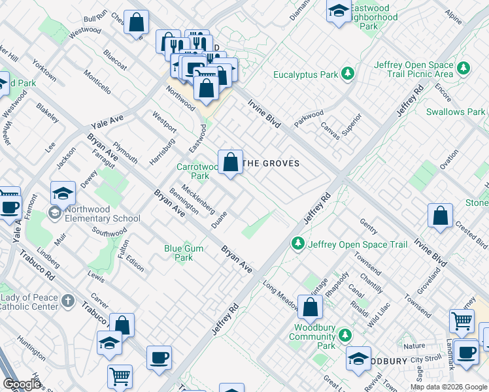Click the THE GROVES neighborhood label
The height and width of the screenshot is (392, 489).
[x=271, y=163]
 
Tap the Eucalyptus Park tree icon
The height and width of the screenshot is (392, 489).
[x=348, y=74]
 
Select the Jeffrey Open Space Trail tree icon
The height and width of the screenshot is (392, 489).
[x=298, y=244]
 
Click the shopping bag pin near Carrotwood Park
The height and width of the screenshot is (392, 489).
[x=230, y=162]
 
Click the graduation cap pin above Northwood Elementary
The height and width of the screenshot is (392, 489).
[x=63, y=193]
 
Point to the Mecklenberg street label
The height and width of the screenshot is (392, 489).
[x=198, y=199]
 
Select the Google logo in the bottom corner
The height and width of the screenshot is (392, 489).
[x=22, y=384]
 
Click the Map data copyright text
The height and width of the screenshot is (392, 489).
[x=448, y=387]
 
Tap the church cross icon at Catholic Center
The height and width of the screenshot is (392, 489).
[x=68, y=301]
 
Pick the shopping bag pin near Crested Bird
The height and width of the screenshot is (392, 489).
[x=441, y=216]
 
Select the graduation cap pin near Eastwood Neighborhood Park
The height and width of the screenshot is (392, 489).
[x=339, y=11]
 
